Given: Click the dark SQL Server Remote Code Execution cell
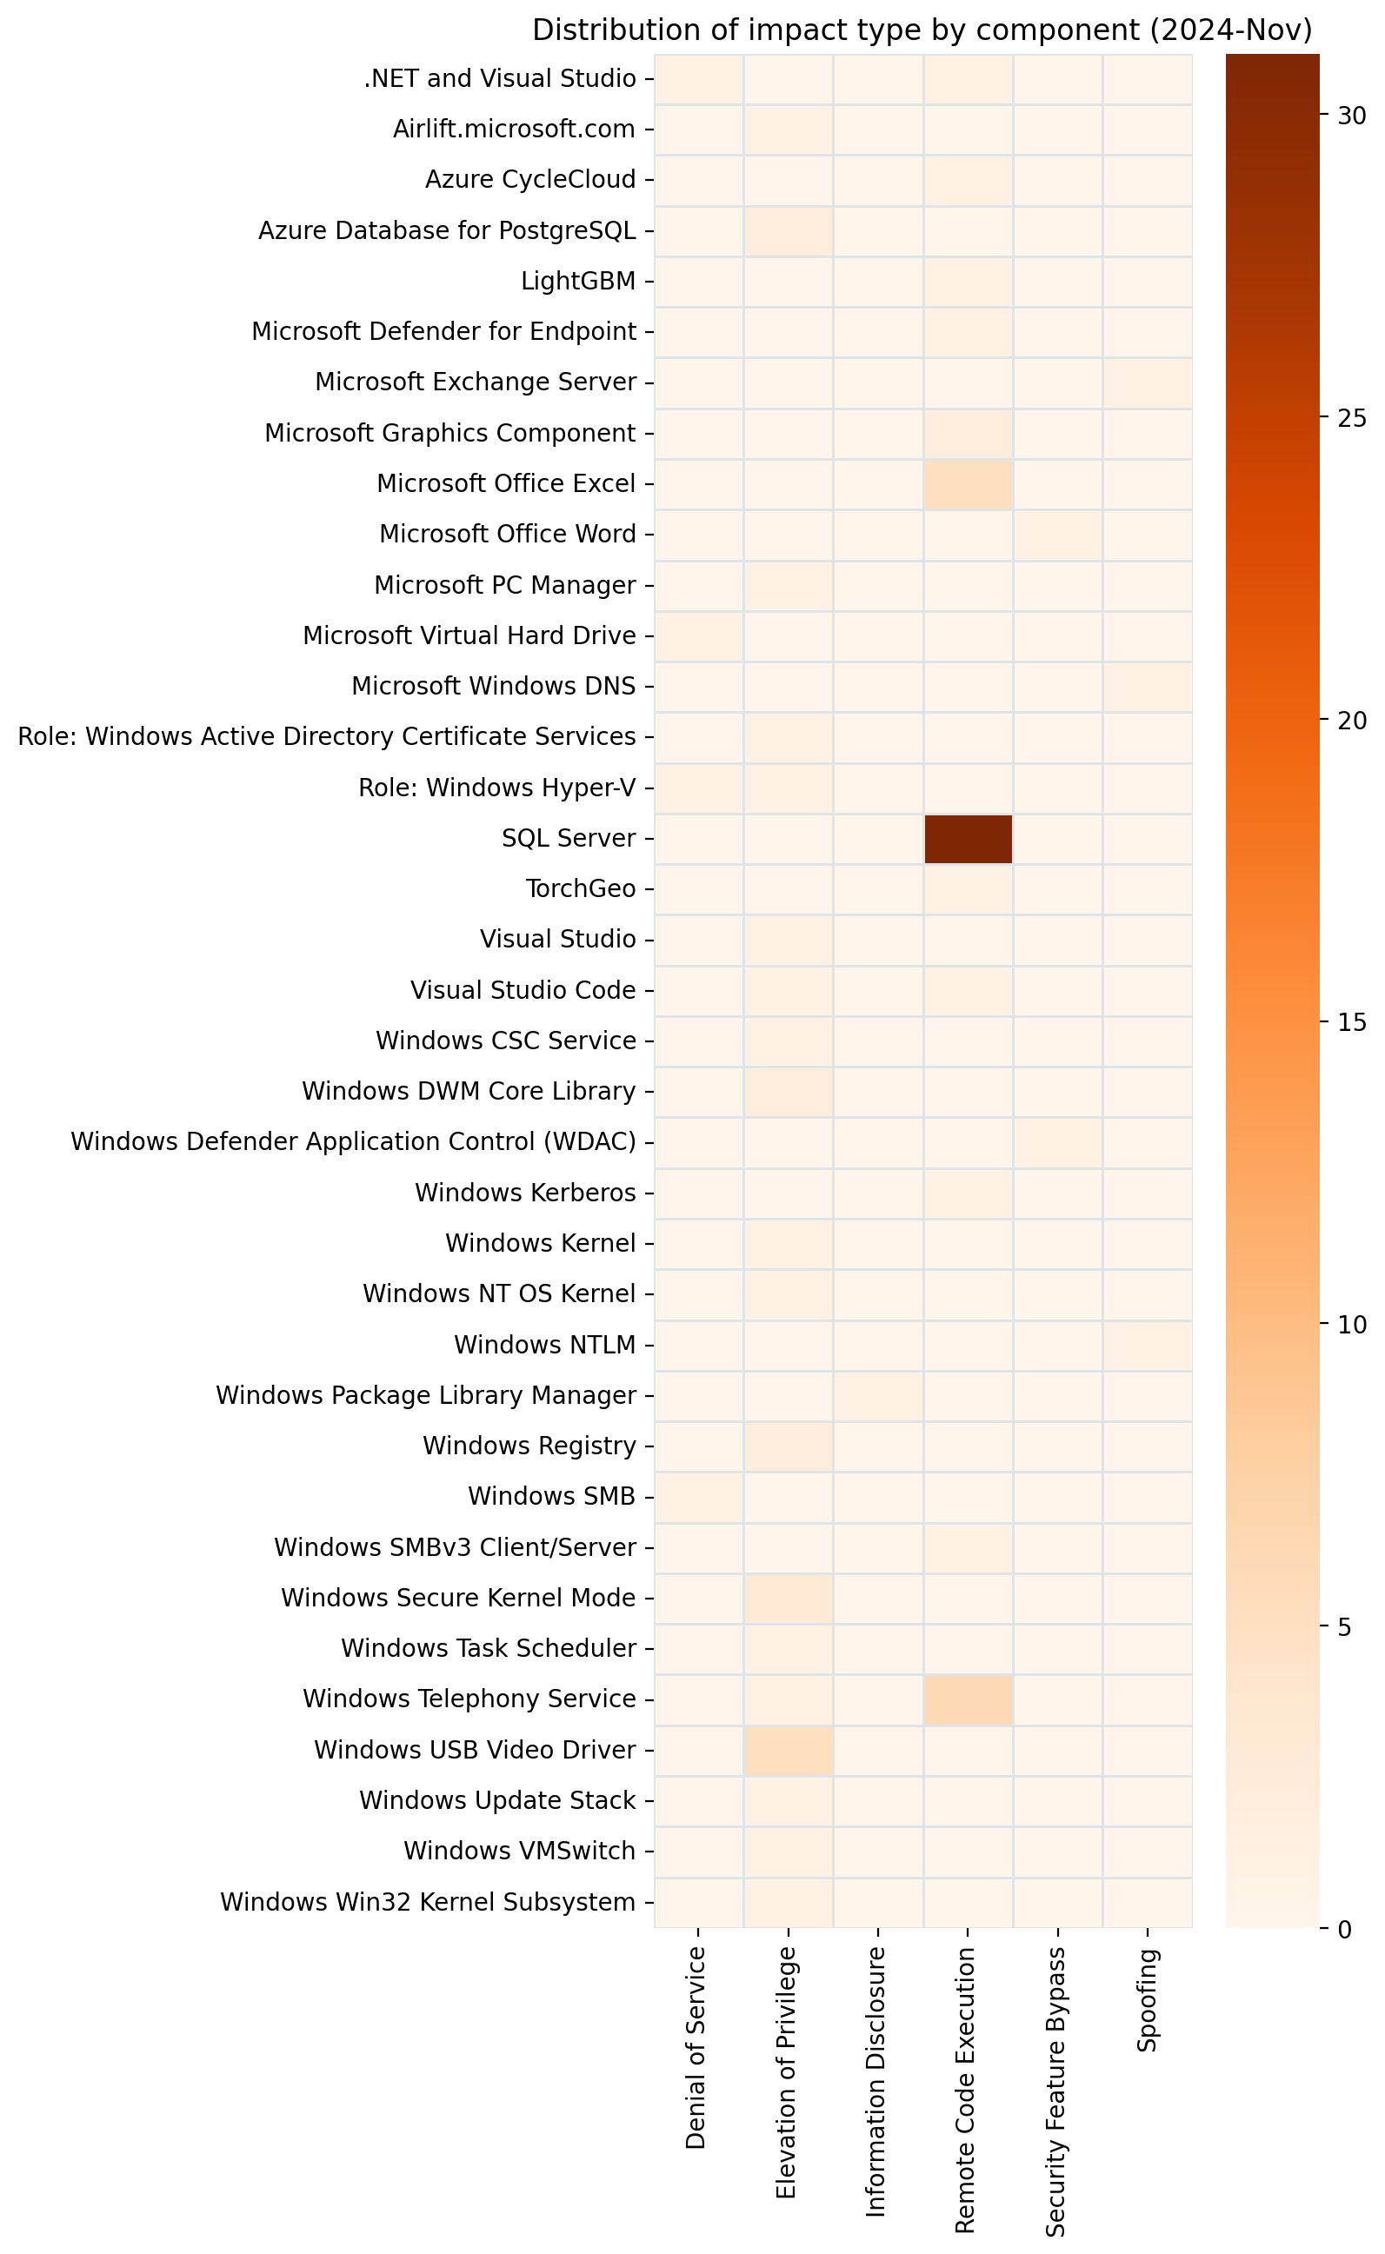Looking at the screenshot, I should (x=969, y=838).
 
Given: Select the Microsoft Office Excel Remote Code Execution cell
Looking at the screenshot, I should (x=969, y=483).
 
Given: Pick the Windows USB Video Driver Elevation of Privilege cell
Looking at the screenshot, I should (x=788, y=1750).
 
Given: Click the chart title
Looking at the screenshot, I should (x=922, y=30).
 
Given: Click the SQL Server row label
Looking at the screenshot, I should (x=569, y=838).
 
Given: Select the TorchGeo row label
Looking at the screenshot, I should (x=581, y=888).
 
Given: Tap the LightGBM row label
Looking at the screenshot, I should (x=578, y=280).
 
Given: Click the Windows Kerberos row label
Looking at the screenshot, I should (x=525, y=1193).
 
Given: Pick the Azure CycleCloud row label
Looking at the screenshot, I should (x=530, y=180).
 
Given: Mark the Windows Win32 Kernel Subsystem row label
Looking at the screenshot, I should (x=428, y=1902).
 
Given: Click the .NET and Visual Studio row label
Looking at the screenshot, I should (x=500, y=79).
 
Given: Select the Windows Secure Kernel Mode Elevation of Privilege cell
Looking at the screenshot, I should (x=788, y=1599).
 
